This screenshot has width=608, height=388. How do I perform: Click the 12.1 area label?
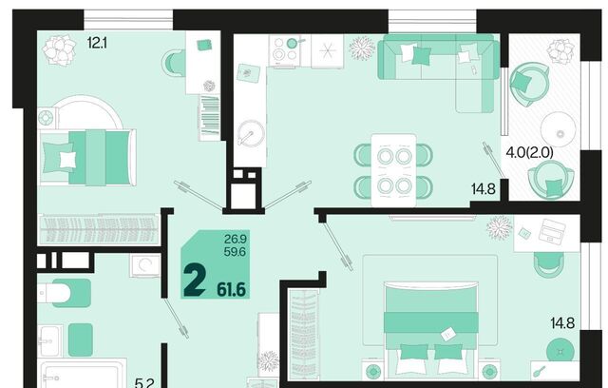(97, 43)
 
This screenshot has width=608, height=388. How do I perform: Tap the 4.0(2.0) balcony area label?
(530, 152)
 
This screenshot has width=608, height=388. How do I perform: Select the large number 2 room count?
(194, 279)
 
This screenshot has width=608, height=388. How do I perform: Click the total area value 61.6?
(232, 289)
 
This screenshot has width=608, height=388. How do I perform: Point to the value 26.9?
(236, 239)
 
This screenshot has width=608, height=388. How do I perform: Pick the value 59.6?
(235, 252)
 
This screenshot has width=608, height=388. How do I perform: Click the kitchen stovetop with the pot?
(287, 50)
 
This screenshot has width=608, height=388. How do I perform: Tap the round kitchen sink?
(251, 132)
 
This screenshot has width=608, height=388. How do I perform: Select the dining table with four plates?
(393, 170)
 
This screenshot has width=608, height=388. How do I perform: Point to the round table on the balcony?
(558, 129)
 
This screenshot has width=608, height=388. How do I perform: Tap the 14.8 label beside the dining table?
(484, 189)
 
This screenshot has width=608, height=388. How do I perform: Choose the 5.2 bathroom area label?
(144, 383)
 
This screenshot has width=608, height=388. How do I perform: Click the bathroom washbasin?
(49, 341)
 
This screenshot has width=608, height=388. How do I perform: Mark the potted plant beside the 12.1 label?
(59, 50)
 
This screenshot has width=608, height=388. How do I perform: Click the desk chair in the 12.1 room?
(174, 63)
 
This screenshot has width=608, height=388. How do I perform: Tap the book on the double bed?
(449, 333)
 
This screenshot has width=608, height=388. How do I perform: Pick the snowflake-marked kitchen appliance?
(327, 50)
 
